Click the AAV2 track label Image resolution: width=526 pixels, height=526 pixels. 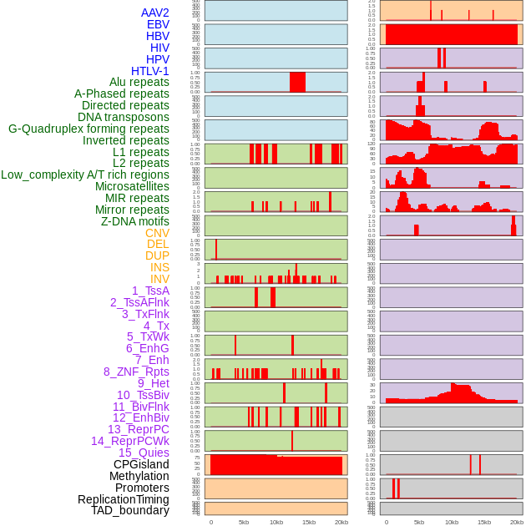pos(155,13)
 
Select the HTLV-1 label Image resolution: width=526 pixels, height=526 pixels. pos(150,71)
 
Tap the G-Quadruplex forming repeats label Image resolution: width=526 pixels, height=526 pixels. pos(89,129)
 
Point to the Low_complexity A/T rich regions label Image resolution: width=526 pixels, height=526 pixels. pos(85,174)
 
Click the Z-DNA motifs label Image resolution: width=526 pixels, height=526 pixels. pos(135,221)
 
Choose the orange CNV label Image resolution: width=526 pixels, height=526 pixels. pos(157,233)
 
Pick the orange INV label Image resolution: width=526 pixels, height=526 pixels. pos(159,279)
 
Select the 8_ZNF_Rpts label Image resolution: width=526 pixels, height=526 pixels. pos(136,372)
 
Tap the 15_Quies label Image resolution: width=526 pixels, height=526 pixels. pos(144,453)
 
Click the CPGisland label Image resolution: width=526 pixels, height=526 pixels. pos(141,464)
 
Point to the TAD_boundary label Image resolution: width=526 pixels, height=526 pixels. pos(130,510)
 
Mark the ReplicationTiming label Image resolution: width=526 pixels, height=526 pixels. pos(124,499)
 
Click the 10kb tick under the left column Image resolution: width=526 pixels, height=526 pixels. pos(276,522)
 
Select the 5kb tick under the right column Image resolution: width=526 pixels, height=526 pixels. pos(418,522)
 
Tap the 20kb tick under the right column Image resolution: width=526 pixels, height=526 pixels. pos(517,522)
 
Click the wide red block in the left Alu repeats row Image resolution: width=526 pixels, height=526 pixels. pos(297,82)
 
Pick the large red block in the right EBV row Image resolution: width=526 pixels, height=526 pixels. pos(451,35)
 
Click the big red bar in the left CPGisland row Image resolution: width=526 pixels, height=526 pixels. pos(276,465)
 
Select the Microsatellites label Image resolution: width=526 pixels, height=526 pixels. pos(132,186)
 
